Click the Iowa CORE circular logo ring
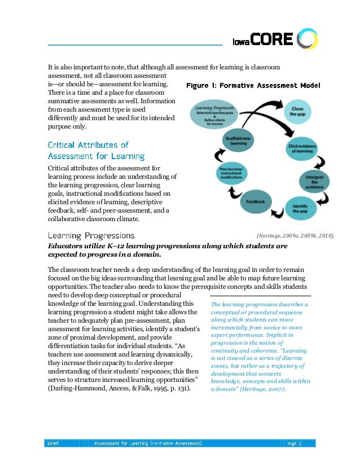point(308,39)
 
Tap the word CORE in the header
point(272,39)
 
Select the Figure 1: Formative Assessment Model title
point(253,86)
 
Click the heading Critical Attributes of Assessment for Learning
point(96,151)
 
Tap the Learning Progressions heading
point(91,235)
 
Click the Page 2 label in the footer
point(294,443)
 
